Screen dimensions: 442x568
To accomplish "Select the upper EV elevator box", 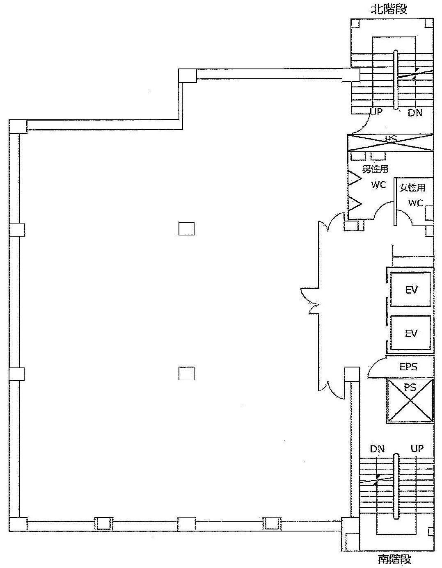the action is (x=410, y=290).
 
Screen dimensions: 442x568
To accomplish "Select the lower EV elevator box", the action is (x=410, y=333).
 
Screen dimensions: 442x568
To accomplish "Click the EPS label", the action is (x=408, y=367).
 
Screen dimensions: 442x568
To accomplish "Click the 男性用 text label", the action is (x=375, y=169).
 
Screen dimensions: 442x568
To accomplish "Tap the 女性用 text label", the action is (x=412, y=187).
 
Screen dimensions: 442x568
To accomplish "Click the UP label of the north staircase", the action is (x=376, y=112).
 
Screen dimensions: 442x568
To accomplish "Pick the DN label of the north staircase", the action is (x=415, y=113).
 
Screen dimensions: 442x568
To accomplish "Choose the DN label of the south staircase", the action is (x=378, y=449).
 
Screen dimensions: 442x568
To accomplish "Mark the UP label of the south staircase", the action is (x=417, y=449).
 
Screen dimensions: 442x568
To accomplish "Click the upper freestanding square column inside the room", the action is (x=186, y=229).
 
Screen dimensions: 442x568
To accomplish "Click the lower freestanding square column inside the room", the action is (x=186, y=374).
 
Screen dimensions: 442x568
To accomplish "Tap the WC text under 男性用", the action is (x=378, y=185).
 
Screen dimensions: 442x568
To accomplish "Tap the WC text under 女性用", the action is (x=416, y=203).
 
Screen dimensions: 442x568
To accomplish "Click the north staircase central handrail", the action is (x=396, y=80).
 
